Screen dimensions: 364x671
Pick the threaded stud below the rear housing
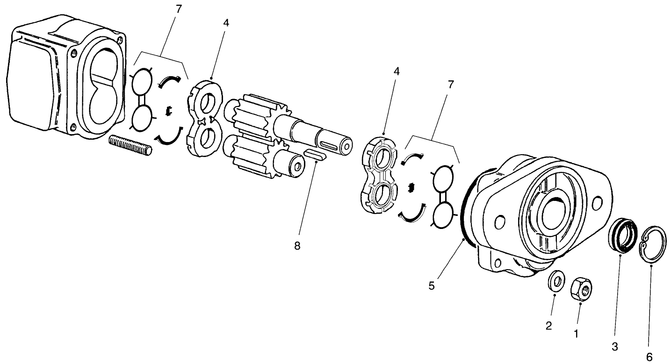pyautogui.click(x=131, y=145)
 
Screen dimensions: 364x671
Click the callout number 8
pyautogui.click(x=297, y=246)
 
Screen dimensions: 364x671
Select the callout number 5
pyautogui.click(x=431, y=285)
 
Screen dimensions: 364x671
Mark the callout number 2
pyautogui.click(x=549, y=325)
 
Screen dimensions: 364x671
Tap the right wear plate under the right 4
pyautogui.click(x=380, y=175)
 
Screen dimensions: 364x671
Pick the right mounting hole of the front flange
pyautogui.click(x=596, y=203)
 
